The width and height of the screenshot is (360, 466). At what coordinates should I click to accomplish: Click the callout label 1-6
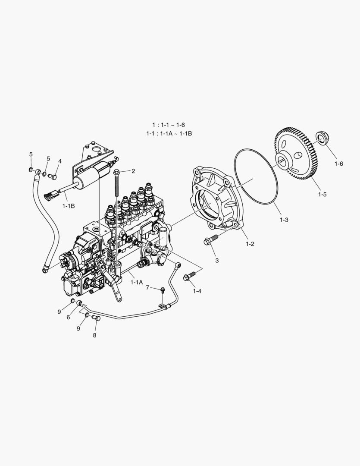[x=338, y=164]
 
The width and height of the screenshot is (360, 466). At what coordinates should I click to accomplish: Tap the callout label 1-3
[x=283, y=220]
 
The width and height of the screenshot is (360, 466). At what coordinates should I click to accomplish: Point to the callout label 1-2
[x=250, y=244]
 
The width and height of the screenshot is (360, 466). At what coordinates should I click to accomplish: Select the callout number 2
[x=133, y=171]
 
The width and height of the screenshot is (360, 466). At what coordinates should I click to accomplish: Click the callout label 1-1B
[x=68, y=206]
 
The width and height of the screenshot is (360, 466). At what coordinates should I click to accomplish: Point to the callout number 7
[x=147, y=287]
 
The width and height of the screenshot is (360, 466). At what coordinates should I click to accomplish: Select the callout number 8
[x=94, y=335]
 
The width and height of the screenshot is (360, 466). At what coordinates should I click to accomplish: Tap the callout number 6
[x=68, y=317]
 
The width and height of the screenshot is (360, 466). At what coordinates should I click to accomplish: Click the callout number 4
[x=60, y=161]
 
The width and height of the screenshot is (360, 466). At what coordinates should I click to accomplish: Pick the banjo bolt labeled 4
[x=53, y=176]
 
